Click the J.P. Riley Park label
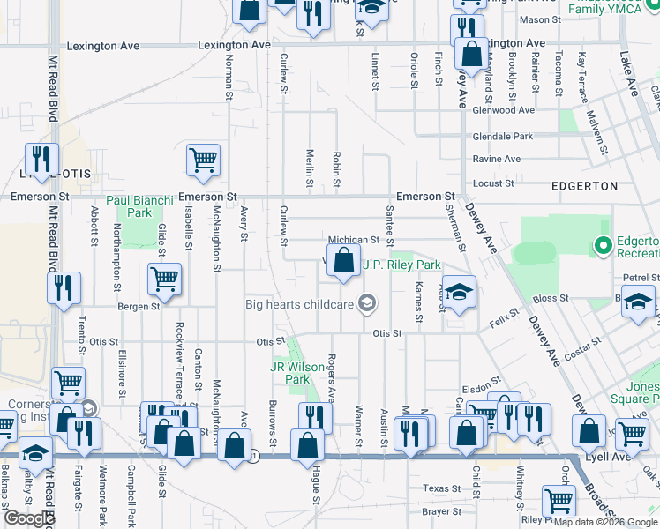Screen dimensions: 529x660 pyautogui.click(x=401, y=264)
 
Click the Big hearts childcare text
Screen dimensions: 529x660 pyautogui.click(x=299, y=305)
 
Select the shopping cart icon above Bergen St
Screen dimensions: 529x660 pyautogui.click(x=165, y=279)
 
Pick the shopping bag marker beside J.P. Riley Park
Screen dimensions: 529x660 pyautogui.click(x=342, y=261)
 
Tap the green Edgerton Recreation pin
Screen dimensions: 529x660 pyautogui.click(x=604, y=245)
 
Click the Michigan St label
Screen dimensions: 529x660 pyautogui.click(x=353, y=240)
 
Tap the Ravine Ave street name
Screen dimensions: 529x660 pyautogui.click(x=497, y=160)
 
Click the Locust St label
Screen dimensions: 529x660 pyautogui.click(x=493, y=183)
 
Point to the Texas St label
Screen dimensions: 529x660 pyautogui.click(x=442, y=488)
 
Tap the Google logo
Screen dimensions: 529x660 pyautogui.click(x=29, y=518)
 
